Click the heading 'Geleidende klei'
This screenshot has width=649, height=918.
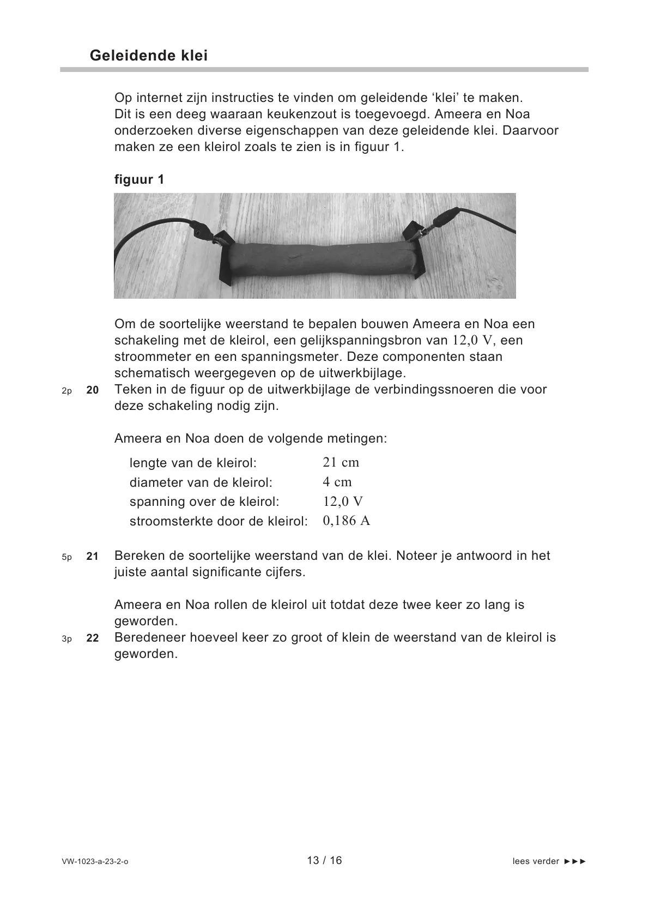pos(149,56)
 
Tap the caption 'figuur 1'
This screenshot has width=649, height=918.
pos(139,179)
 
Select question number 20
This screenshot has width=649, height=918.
pos(93,390)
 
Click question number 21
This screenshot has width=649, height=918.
pos(93,557)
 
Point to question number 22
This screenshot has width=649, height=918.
pos(93,638)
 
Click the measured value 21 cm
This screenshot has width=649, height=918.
pos(341,463)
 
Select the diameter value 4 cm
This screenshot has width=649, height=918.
pos(337,482)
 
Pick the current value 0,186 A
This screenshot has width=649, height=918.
pos(346,521)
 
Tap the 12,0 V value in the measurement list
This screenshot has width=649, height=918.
pos(343,502)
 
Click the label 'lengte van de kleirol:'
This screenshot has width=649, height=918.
pos(193,463)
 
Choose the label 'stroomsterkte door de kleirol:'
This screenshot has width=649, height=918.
pos(219,522)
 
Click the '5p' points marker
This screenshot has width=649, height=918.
pos(66,557)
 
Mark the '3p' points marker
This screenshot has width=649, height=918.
pos(66,639)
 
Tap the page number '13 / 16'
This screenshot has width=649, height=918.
pos(324,860)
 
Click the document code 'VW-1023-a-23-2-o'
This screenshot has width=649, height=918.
pos(95,862)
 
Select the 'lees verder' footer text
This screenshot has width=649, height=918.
pos(549,862)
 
